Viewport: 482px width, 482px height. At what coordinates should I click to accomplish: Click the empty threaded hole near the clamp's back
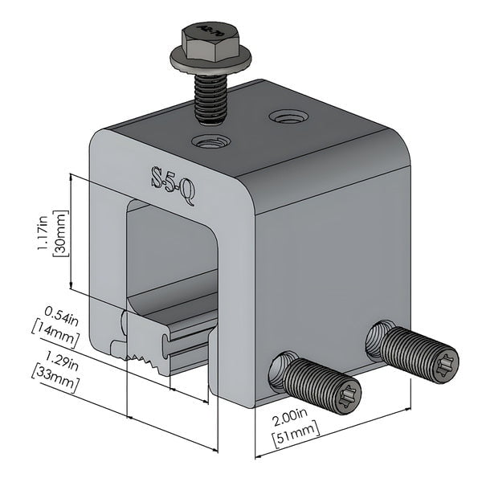coord(288,117)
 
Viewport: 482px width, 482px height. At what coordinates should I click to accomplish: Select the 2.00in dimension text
coord(289,417)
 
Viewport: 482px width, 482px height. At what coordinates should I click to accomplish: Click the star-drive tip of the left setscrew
coord(345,397)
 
